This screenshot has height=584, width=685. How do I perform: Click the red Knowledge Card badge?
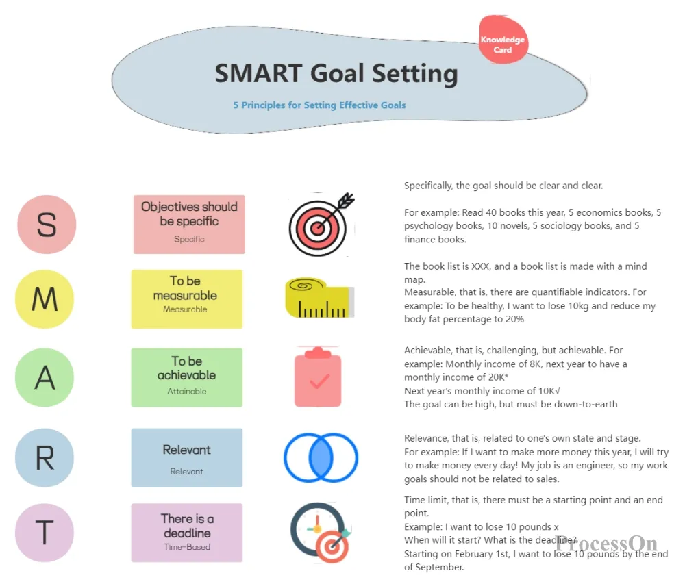503,40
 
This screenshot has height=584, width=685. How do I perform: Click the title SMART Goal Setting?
336,73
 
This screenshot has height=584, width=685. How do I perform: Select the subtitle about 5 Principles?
319,105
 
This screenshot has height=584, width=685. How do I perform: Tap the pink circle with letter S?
47,225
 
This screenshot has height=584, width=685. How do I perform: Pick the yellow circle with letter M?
45,299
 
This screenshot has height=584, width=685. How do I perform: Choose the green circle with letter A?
45,377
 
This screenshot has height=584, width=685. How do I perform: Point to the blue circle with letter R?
45,458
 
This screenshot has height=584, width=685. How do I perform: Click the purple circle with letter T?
45,533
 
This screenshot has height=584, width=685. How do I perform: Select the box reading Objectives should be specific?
189,225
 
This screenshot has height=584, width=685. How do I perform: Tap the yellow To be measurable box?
187,299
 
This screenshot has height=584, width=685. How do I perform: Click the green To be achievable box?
187,377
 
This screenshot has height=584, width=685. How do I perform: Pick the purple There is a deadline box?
187,533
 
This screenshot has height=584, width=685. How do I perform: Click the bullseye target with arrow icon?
321,225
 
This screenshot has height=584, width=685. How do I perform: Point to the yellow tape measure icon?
320,298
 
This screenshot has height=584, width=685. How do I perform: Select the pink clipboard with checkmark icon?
318,377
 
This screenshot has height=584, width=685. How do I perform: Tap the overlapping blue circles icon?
321,457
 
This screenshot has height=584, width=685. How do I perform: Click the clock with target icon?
321,533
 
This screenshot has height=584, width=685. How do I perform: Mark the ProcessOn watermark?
606,544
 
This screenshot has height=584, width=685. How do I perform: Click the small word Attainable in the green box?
187,392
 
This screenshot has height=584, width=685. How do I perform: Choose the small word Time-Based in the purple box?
187,547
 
